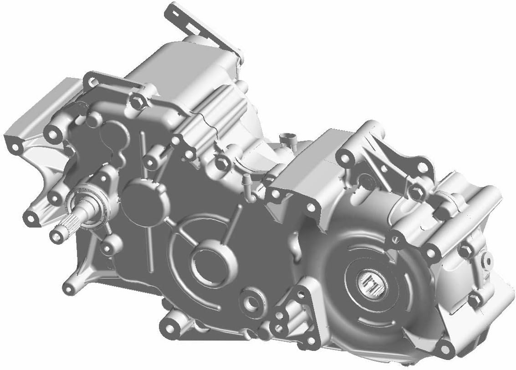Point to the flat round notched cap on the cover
(142, 200)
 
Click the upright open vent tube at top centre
(286, 138)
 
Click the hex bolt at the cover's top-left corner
(136, 101)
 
